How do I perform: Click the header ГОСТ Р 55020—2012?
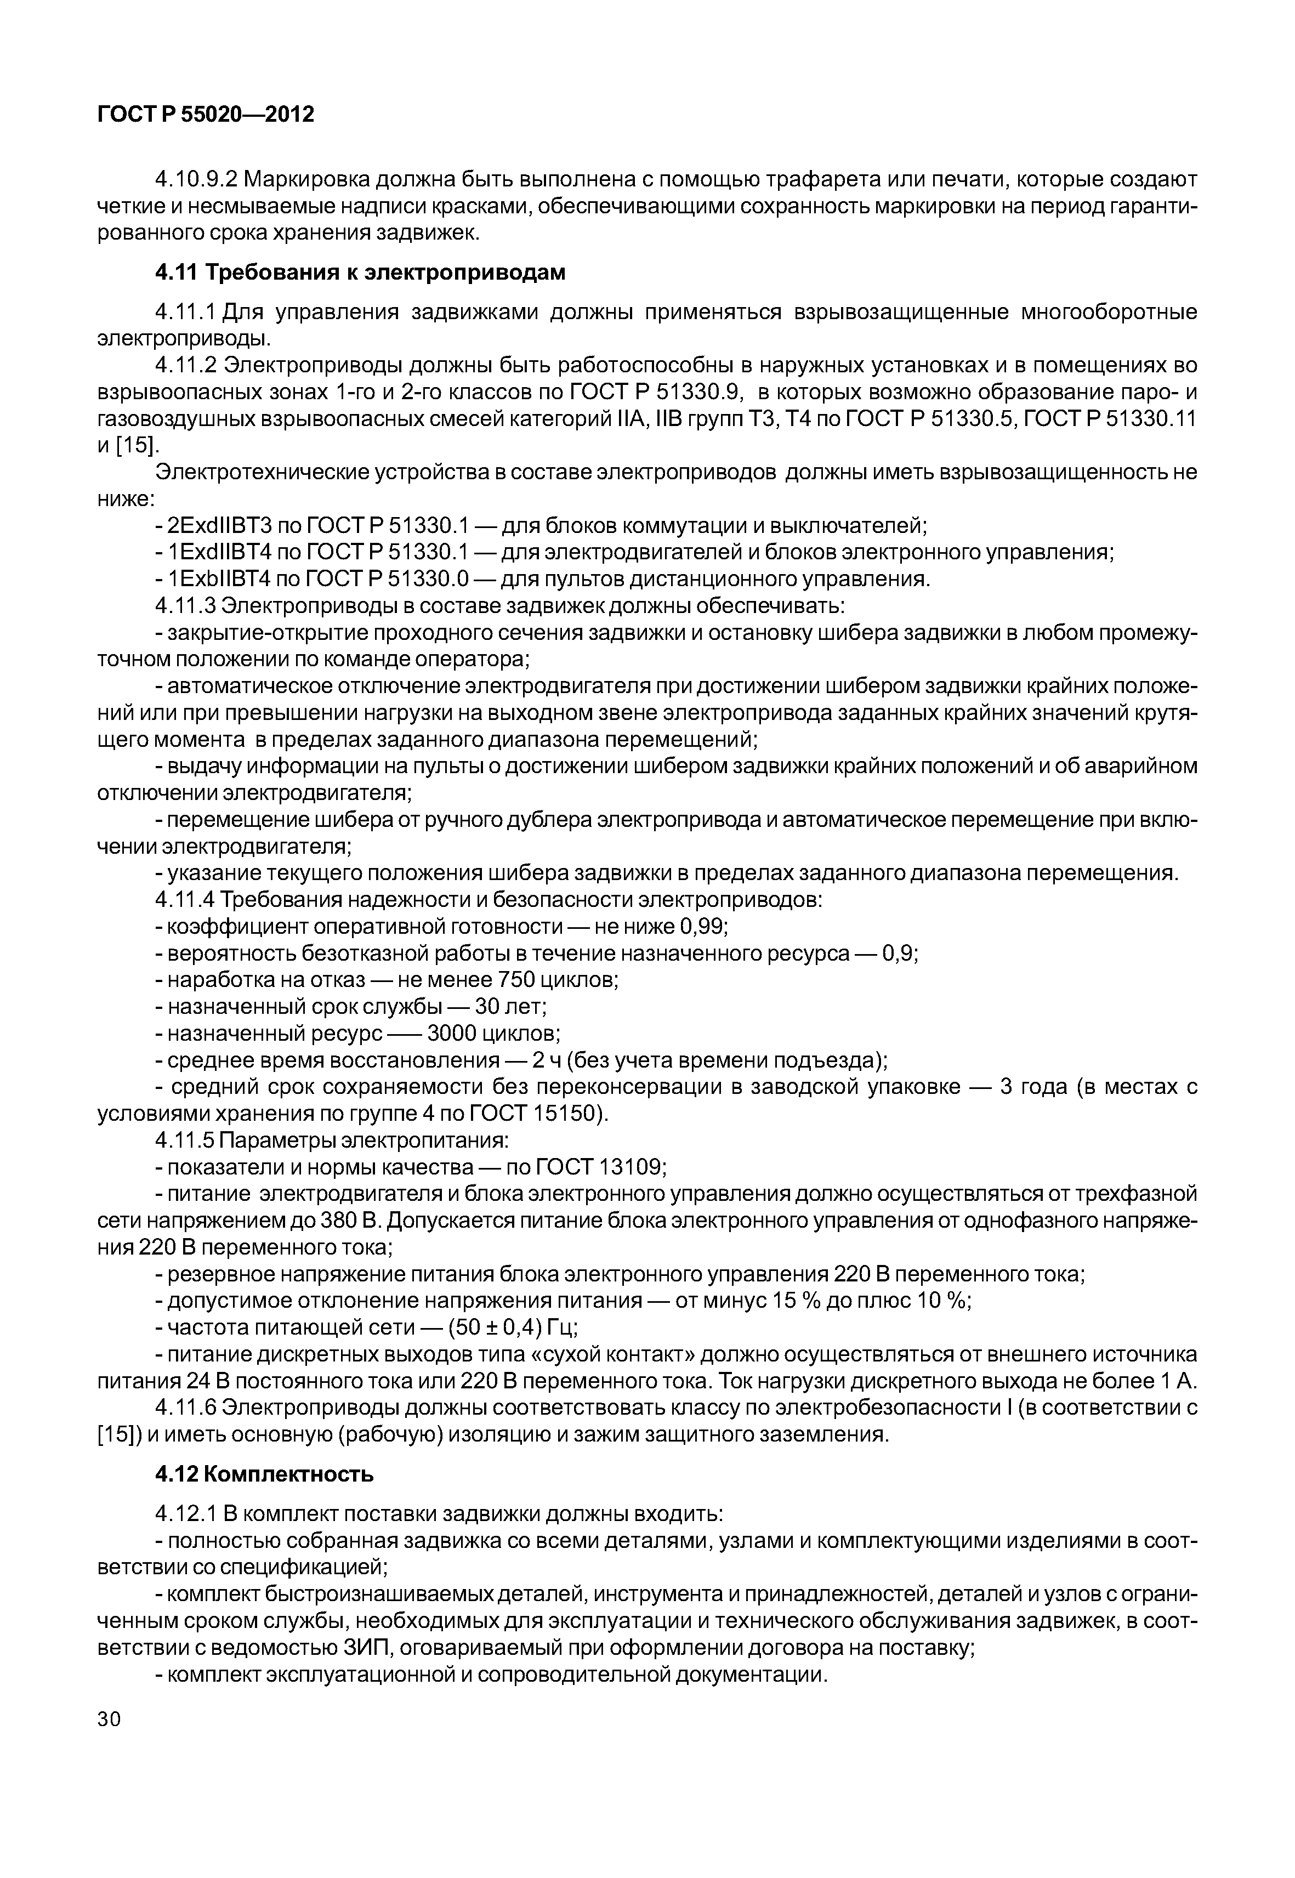click(205, 115)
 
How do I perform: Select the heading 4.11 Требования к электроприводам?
click(360, 273)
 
